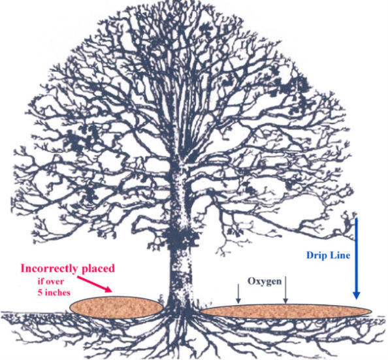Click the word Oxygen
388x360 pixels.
[x=265, y=282]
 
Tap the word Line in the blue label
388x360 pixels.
[x=341, y=255]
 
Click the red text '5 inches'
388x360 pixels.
[x=54, y=293]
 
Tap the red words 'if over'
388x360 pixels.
[x=50, y=282]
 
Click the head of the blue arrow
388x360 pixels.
[x=357, y=295]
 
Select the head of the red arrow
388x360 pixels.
[x=108, y=289]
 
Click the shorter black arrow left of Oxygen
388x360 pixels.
[x=238, y=293]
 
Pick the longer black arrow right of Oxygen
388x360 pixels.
[x=285, y=289]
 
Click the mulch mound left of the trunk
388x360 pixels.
[x=116, y=307]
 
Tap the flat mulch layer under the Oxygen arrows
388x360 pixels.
[x=286, y=312]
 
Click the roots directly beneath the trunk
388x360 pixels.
[x=182, y=329]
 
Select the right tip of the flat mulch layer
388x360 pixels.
[x=372, y=312]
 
